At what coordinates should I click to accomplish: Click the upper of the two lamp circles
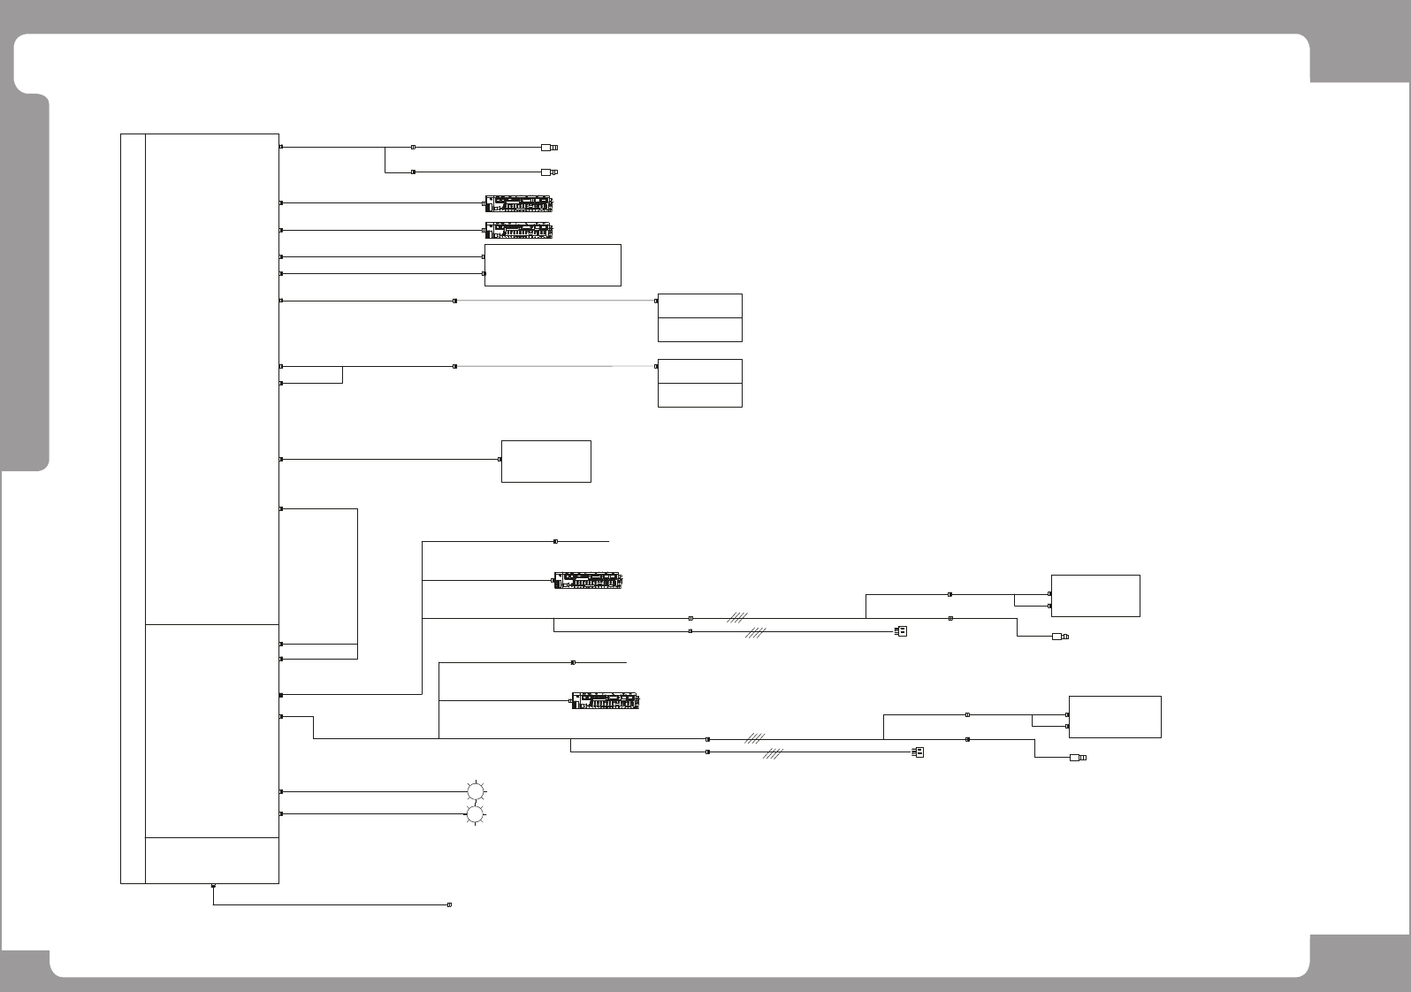(476, 791)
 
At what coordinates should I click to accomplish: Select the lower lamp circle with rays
(476, 814)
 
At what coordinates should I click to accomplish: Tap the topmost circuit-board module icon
(519, 203)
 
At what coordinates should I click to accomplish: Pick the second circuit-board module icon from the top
(519, 231)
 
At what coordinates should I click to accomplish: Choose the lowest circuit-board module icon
(606, 701)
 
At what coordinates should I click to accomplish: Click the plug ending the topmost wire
(550, 148)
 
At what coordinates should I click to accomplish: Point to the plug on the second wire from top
(550, 172)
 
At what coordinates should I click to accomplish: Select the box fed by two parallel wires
(553, 265)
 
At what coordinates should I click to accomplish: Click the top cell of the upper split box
(699, 306)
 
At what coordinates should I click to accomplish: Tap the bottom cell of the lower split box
(699, 395)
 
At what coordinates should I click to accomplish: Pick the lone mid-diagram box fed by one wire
(545, 461)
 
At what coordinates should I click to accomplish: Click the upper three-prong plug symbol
(901, 631)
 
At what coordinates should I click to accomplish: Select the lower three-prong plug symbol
(918, 752)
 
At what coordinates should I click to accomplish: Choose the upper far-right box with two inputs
(1094, 595)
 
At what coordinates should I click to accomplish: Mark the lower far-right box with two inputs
(1114, 716)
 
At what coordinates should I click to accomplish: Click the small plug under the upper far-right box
(1059, 637)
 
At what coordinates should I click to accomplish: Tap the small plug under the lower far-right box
(1077, 758)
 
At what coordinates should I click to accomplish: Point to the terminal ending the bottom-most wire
(450, 905)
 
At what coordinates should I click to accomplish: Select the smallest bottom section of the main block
(212, 859)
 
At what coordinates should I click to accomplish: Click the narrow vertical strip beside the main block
(133, 508)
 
